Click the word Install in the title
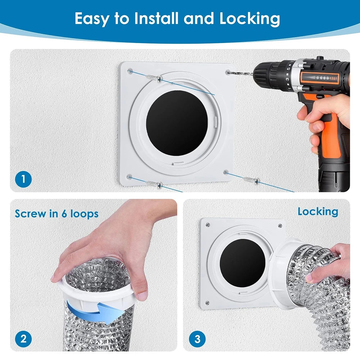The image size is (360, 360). [x=156, y=18]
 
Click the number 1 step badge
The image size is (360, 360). [x=23, y=179]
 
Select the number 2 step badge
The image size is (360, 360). [x=23, y=339]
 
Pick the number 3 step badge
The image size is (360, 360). [x=197, y=339]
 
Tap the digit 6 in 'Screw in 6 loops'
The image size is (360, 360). [x=64, y=214]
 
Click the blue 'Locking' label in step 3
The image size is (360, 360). [x=318, y=212]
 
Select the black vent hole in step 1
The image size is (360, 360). [x=177, y=123]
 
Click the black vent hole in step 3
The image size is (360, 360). [x=242, y=263]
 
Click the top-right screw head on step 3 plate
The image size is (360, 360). [x=280, y=226]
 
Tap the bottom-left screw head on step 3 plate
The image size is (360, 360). [x=207, y=303]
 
